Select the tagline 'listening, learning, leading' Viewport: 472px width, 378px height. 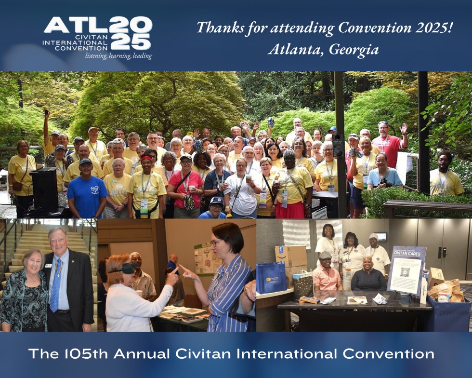click(118, 56)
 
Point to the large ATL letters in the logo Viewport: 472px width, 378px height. click(75, 25)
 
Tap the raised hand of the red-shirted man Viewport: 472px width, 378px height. click(404, 128)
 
